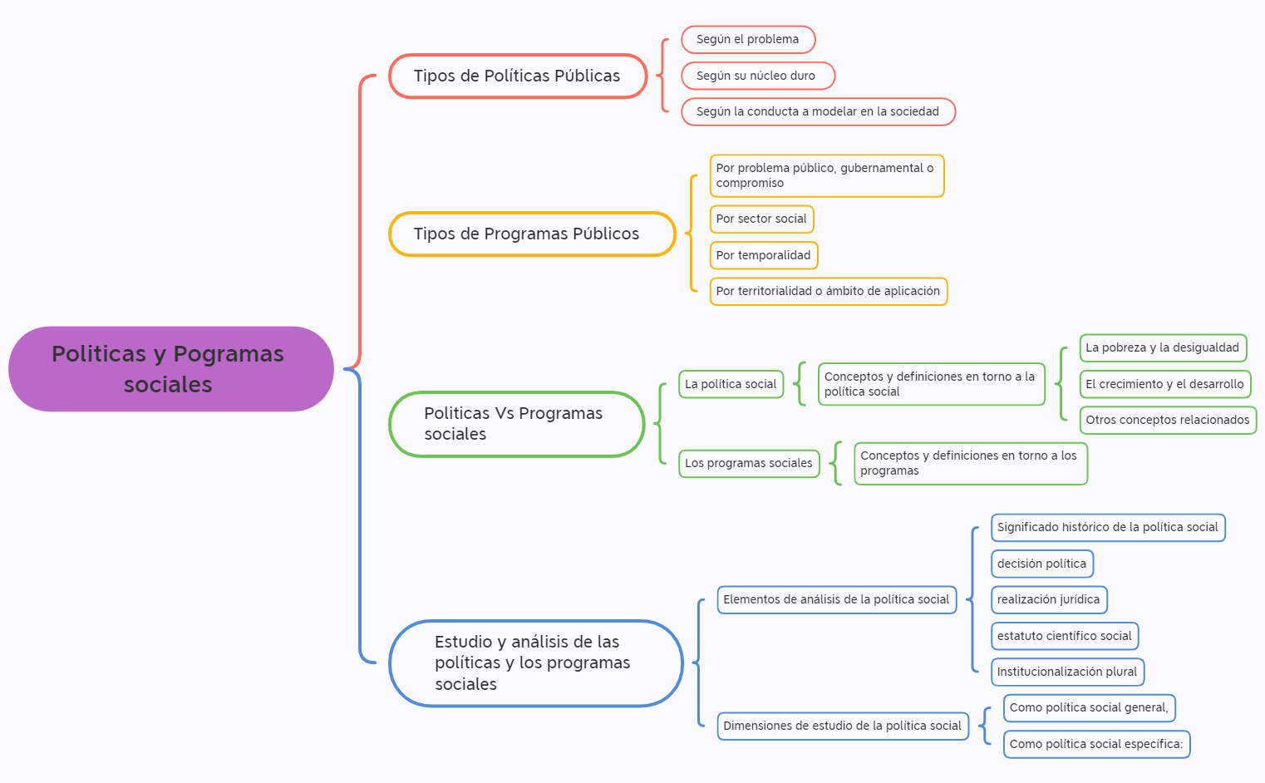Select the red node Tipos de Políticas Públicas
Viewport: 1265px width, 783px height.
point(517,76)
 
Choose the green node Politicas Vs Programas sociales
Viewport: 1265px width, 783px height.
point(516,424)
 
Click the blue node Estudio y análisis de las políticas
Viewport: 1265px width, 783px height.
point(535,663)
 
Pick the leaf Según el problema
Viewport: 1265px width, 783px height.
point(748,40)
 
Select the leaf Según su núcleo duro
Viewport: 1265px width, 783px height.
point(757,76)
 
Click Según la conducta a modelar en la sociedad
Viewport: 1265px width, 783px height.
point(818,112)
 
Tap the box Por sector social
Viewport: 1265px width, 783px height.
point(761,219)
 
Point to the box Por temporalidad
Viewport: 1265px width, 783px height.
point(763,256)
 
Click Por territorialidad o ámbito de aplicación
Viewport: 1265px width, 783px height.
point(828,292)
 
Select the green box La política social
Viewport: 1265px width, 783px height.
point(731,384)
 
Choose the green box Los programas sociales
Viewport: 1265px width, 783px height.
point(749,464)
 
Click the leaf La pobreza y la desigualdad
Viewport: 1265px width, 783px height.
point(1163,348)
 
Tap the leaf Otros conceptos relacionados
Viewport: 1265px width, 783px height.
point(1168,421)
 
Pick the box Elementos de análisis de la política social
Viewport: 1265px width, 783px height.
point(836,600)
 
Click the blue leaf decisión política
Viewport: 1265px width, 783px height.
point(1041,564)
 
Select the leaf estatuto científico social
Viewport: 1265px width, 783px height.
point(1065,637)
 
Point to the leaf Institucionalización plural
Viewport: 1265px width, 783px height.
point(1067,672)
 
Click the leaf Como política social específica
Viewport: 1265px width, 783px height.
point(1096,745)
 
